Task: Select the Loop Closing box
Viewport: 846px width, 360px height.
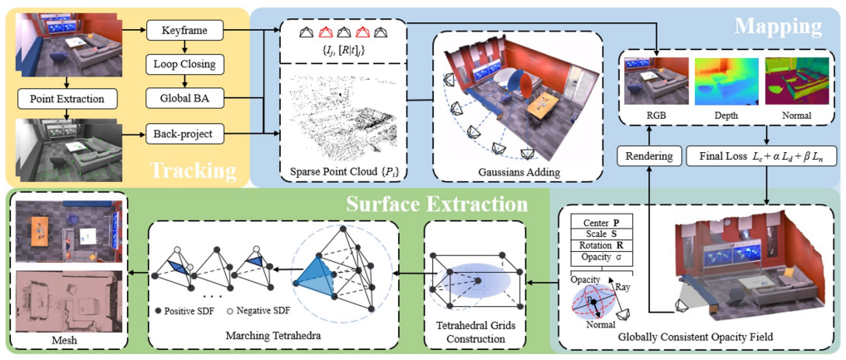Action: point(185,65)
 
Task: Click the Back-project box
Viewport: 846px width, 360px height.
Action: point(185,134)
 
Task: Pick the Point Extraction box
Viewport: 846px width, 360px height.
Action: point(68,99)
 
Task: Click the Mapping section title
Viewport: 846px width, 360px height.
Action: point(778,25)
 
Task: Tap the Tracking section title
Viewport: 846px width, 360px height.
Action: point(193,170)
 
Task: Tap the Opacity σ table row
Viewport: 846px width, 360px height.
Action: point(601,256)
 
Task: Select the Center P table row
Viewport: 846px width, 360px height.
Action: point(601,223)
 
